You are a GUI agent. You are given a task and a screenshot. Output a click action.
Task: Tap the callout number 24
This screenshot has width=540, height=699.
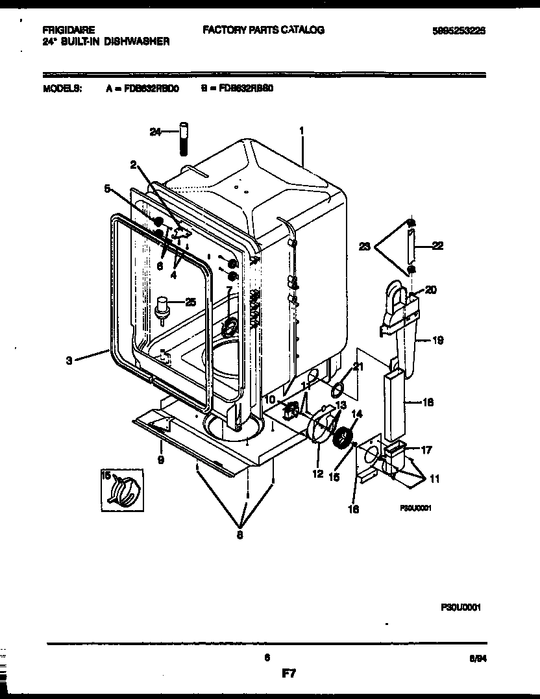click(154, 132)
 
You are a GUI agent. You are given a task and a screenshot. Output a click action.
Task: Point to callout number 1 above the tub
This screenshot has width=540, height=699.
click(302, 130)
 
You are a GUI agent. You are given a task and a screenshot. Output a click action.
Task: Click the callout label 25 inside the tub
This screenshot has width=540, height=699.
click(190, 301)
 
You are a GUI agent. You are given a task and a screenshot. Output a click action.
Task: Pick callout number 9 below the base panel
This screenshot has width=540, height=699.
click(160, 460)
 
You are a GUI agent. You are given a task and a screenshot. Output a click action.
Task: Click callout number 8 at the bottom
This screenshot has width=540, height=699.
click(241, 535)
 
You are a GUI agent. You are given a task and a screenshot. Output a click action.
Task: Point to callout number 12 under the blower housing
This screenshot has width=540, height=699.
click(317, 474)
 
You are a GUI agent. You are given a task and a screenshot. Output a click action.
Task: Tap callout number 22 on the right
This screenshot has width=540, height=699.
click(438, 245)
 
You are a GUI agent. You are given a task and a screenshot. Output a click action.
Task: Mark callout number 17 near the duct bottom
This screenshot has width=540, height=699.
click(426, 449)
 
